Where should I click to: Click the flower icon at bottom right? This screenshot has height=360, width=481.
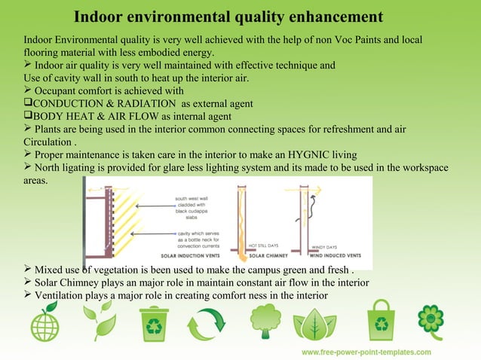click(430, 322)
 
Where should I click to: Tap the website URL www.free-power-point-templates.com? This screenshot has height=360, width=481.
click(366, 352)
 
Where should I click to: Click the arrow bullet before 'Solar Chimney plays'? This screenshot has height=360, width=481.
click(28, 282)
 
